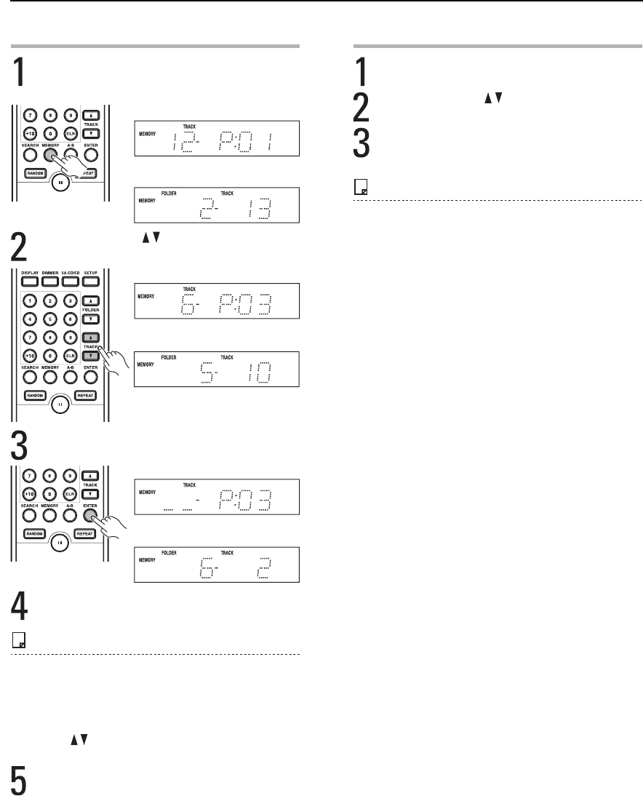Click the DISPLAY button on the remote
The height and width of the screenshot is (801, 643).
(x=30, y=280)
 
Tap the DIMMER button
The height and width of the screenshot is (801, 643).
(x=50, y=280)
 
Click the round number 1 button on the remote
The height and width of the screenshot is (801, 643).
(x=31, y=300)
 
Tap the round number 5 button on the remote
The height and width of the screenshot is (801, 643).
(x=50, y=318)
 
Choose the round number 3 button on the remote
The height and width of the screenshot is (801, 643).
(x=70, y=300)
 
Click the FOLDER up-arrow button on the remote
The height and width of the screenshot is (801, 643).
(x=91, y=300)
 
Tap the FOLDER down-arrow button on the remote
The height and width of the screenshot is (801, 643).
(x=91, y=318)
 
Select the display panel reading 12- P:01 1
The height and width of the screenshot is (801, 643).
(x=217, y=135)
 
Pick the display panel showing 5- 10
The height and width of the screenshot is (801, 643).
(x=217, y=371)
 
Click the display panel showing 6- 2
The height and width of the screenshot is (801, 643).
(x=217, y=564)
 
